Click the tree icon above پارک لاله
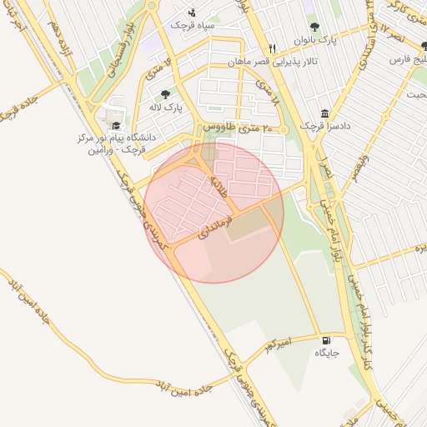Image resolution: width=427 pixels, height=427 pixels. point(165,95)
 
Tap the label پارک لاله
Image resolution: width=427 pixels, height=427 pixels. point(165,108)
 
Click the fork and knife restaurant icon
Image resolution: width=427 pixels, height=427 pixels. point(272,48)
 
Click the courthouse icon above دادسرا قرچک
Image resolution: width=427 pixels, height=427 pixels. point(324,113)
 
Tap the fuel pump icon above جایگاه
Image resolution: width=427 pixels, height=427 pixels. point(325,340)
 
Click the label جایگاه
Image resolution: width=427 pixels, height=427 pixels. point(326,353)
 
